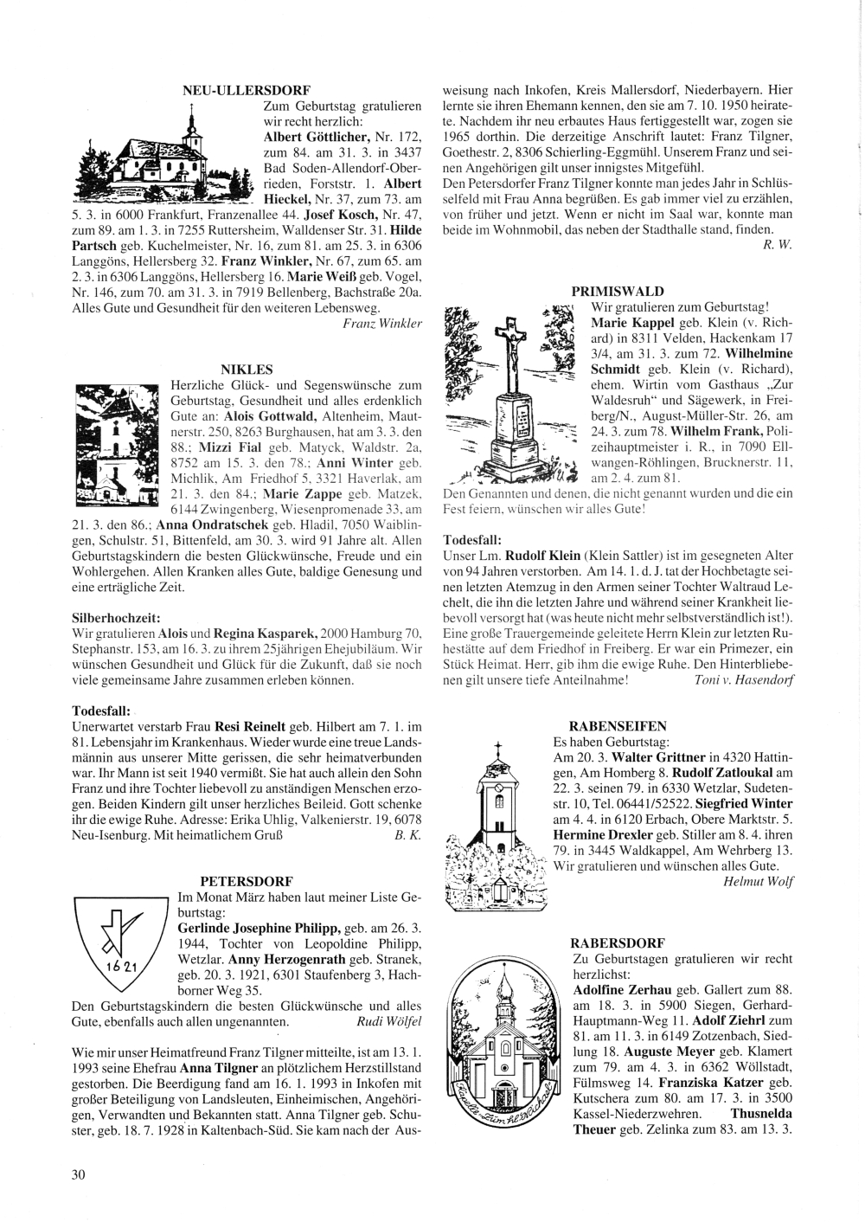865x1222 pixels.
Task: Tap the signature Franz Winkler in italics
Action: coord(382,323)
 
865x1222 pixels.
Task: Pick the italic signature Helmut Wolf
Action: coord(758,882)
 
